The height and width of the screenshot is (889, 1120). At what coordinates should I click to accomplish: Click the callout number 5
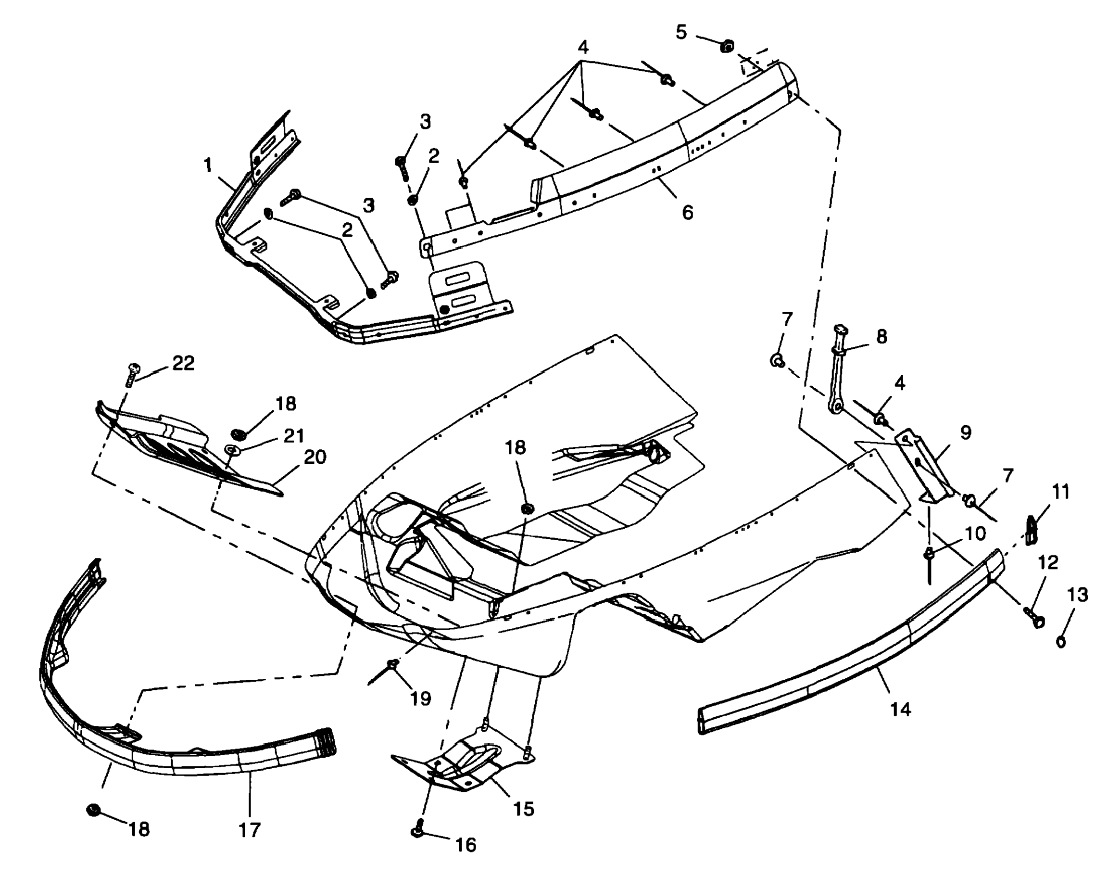[x=681, y=32]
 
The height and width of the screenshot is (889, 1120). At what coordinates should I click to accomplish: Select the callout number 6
[x=687, y=213]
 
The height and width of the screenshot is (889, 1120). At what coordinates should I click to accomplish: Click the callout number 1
[x=208, y=165]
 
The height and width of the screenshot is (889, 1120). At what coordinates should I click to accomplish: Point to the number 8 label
[x=881, y=337]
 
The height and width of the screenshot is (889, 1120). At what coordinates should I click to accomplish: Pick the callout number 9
[x=965, y=433]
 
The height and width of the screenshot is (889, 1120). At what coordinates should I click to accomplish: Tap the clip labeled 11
[x=1032, y=531]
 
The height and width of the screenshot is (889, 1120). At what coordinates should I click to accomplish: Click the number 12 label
[x=1048, y=563]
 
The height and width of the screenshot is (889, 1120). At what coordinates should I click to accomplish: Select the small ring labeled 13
[x=1061, y=642]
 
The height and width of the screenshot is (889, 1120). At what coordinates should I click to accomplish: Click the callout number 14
[x=901, y=709]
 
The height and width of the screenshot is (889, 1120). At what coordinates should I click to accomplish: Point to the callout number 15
[x=523, y=809]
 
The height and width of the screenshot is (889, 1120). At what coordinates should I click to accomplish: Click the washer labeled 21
[x=231, y=449]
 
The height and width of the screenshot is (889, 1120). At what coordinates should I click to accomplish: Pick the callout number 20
[x=315, y=457]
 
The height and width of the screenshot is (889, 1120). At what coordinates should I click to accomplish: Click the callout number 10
[x=975, y=533]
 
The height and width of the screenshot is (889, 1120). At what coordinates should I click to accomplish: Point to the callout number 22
[x=183, y=363]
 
